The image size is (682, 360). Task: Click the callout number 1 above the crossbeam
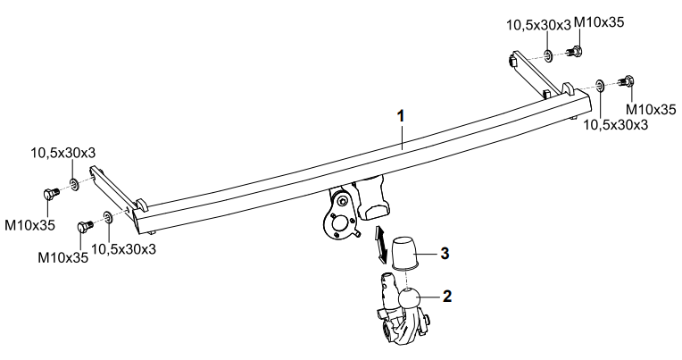click(x=402, y=116)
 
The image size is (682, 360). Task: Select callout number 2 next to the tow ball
click(x=448, y=295)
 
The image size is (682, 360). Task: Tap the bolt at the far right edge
click(x=627, y=85)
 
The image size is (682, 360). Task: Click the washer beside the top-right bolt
click(x=545, y=54)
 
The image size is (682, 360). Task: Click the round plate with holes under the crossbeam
click(x=337, y=223)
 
